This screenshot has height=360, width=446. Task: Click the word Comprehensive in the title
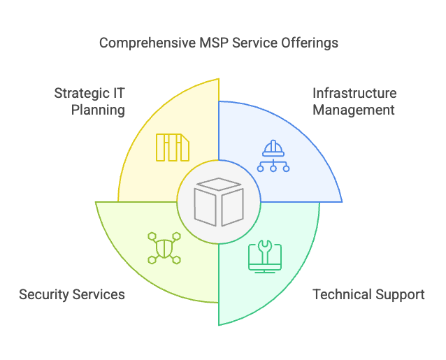pos(148,43)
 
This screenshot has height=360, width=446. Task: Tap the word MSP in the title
pos(214,43)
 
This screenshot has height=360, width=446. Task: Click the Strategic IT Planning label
pos(89,102)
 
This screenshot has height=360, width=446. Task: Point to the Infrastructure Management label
pos(354,101)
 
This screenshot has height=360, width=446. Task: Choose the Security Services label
pos(72,294)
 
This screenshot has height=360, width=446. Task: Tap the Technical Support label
pos(368,295)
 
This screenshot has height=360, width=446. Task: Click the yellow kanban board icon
pos(173,147)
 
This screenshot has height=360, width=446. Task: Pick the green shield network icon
pos(164,248)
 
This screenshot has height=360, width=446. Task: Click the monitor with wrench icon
pos(265,257)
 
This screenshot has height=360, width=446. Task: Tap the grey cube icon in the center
pos(219,202)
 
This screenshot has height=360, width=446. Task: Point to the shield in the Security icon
pos(164,248)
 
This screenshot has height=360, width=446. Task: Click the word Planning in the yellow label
pos(98,110)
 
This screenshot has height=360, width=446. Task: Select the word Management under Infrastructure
pos(354,110)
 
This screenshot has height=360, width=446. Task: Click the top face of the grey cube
pos(219,184)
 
